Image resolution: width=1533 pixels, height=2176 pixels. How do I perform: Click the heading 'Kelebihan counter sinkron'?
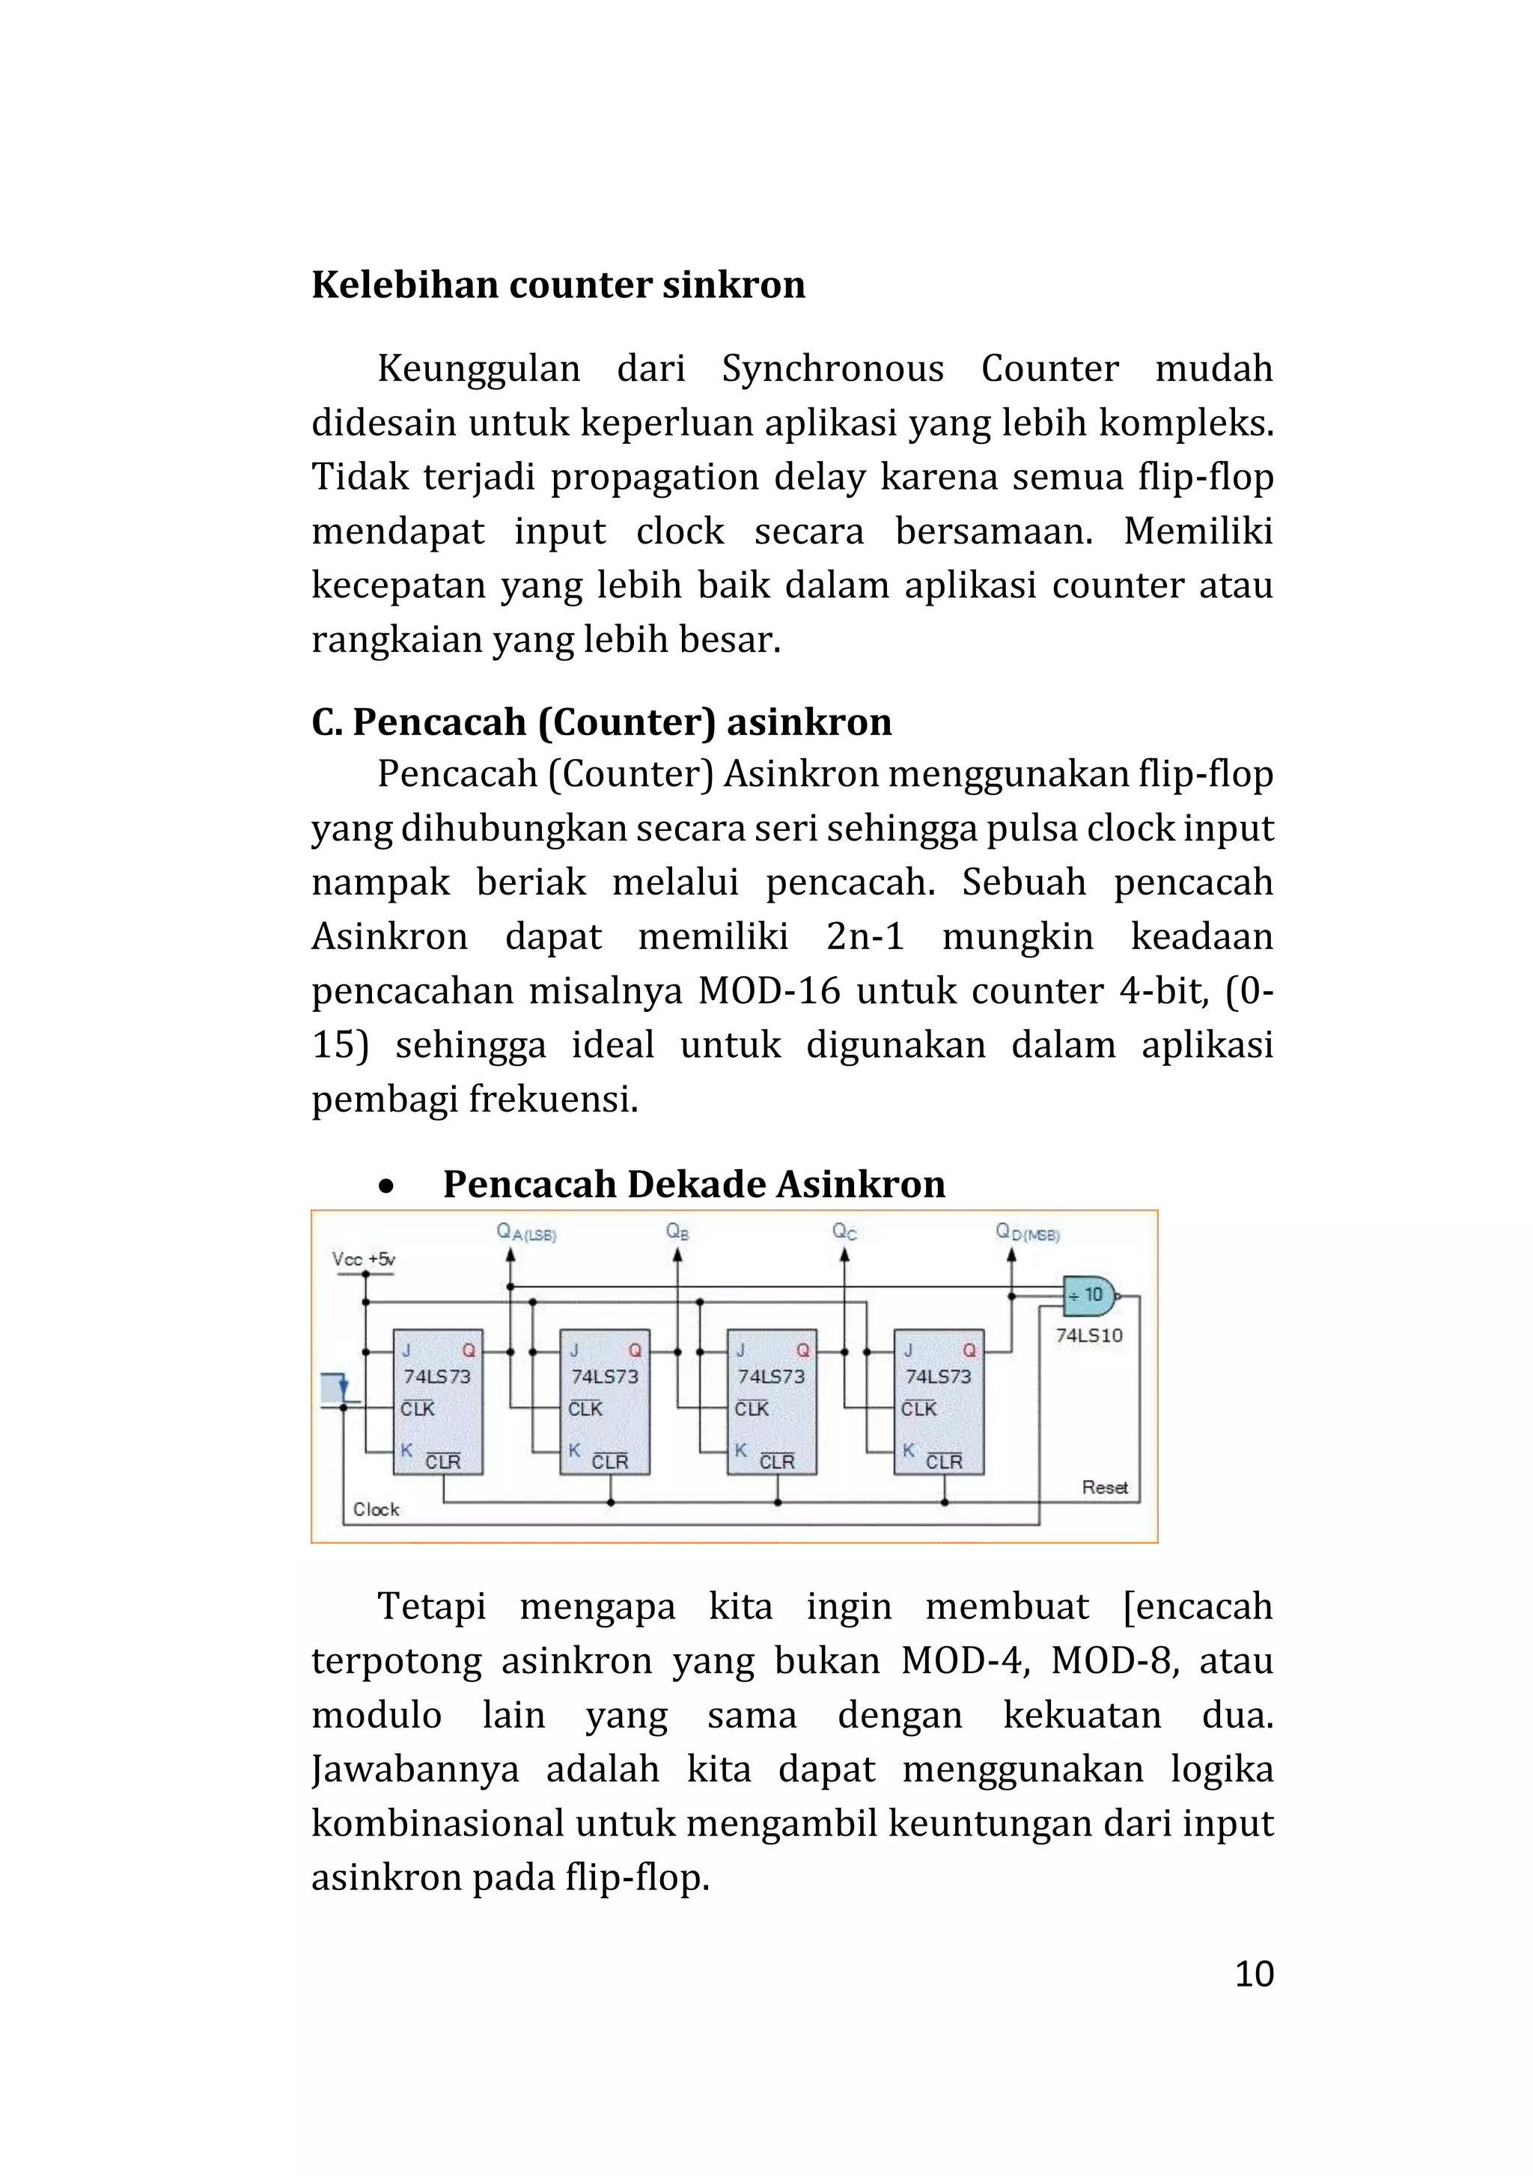[558, 284]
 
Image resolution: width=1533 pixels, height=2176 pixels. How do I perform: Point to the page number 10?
[1254, 1973]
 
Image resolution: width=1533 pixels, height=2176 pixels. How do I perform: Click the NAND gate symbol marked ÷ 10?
[1090, 1296]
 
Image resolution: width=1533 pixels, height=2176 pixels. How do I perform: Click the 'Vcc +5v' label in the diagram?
[363, 1258]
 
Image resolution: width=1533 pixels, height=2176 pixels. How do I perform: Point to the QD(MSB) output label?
[1027, 1232]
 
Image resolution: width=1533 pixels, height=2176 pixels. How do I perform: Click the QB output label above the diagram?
[677, 1231]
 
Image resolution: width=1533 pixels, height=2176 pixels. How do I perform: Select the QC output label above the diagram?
[844, 1231]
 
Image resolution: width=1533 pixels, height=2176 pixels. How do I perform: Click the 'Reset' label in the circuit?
[1105, 1487]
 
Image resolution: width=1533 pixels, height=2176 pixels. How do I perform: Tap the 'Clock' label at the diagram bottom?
[377, 1509]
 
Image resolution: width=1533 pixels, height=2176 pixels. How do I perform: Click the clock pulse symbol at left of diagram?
[336, 1389]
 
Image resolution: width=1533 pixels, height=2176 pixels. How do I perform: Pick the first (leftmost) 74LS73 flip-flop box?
[438, 1402]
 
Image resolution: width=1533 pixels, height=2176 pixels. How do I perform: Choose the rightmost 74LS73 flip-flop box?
[938, 1402]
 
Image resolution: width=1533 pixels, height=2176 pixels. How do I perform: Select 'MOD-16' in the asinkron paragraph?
[769, 990]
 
